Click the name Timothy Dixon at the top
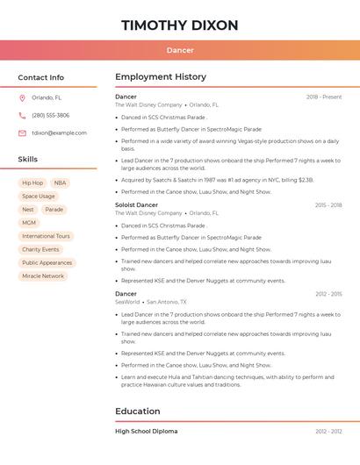[180, 25]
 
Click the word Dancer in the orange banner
[180, 50]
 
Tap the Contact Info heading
[40, 77]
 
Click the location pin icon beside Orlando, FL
[22, 98]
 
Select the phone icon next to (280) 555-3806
[22, 116]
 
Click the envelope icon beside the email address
[22, 133]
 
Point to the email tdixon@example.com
[59, 133]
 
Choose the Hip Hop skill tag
[32, 183]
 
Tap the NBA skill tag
[60, 183]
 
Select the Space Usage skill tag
[39, 197]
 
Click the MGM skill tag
[30, 223]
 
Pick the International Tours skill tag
[46, 236]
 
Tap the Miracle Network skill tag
[43, 275]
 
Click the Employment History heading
[161, 77]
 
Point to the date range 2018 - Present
[324, 97]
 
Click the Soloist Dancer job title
[136, 205]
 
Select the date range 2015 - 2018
[328, 205]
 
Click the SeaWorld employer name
[127, 302]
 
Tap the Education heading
[138, 411]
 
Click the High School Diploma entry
[146, 432]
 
